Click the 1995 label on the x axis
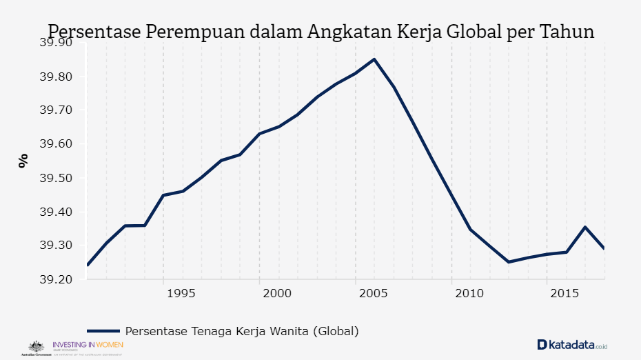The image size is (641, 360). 181,294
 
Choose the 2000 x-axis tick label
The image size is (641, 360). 278,294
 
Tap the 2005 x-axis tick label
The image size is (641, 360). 374,294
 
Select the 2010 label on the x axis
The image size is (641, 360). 470,294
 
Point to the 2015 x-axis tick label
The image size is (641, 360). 566,294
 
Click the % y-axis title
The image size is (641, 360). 23,161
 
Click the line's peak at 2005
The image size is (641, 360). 374,59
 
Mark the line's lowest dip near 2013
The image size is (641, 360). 509,262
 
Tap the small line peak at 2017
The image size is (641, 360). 585,227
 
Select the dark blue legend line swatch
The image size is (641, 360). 103,331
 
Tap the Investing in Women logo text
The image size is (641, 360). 88,344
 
